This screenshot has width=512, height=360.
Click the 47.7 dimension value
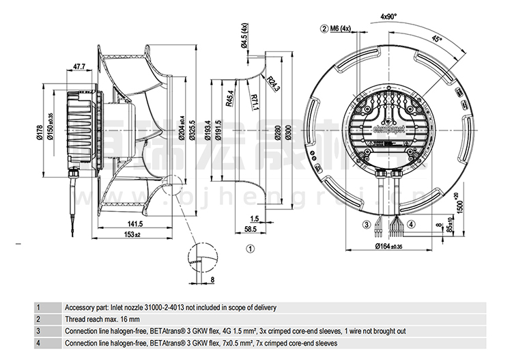[x=79, y=67]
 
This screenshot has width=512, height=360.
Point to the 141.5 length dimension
[x=134, y=224]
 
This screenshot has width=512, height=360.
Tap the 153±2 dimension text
[x=132, y=236]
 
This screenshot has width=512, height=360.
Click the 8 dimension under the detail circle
[x=212, y=280]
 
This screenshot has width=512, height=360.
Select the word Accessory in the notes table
[x=80, y=308]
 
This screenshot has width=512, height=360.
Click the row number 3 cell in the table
[x=39, y=331]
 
